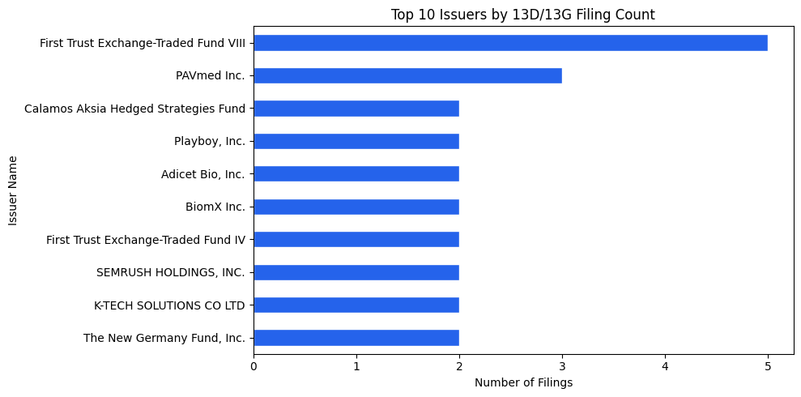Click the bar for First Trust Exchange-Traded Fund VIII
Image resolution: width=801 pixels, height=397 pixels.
point(510,43)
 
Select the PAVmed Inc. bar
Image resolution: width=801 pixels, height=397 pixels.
point(407,75)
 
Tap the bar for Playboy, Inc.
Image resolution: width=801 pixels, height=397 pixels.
point(356,141)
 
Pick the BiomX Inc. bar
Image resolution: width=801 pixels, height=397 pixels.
point(356,207)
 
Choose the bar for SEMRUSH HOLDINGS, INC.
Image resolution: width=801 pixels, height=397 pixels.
point(356,272)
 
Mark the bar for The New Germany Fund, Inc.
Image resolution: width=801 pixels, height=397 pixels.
point(356,338)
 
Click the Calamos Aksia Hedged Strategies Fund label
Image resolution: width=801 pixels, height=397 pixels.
point(134,109)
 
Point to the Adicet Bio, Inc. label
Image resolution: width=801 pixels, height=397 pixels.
point(202,174)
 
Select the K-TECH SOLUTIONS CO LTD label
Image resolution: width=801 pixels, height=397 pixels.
point(169,305)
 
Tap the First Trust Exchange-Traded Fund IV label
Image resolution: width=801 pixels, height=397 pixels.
point(145,240)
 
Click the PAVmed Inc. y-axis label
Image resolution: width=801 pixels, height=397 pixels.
point(210,75)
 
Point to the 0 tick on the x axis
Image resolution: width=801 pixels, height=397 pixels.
point(254,366)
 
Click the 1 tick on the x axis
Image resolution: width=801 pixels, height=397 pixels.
point(356,366)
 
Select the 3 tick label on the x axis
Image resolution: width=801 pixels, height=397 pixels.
point(562,366)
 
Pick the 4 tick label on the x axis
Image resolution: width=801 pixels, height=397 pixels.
point(665,366)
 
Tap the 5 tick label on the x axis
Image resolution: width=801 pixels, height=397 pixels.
point(768,366)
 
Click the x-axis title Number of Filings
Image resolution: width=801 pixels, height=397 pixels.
point(523,382)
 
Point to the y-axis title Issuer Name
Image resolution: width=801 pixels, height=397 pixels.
point(13,191)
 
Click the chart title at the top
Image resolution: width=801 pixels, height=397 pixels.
point(523,15)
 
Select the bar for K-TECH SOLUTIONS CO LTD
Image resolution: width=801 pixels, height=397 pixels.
point(356,305)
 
